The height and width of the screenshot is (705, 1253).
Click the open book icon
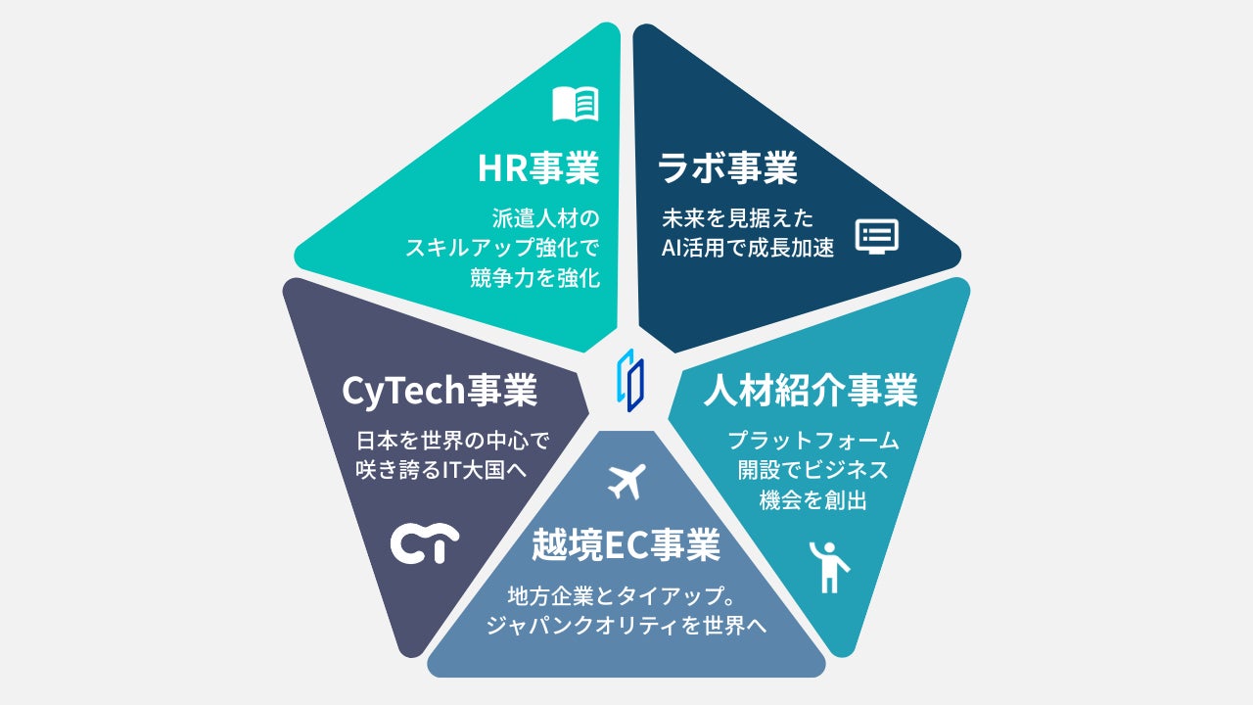(x=575, y=104)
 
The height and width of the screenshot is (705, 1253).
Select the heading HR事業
(x=537, y=168)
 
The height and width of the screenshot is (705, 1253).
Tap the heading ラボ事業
(x=727, y=168)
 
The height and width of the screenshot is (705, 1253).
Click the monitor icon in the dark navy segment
(x=876, y=236)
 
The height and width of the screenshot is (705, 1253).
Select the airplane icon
(x=627, y=481)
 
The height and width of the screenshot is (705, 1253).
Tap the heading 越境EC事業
(x=626, y=545)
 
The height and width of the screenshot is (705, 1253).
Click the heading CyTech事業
(x=440, y=392)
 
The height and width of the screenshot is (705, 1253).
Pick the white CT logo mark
(x=425, y=544)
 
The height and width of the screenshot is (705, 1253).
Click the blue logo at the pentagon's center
(x=630, y=380)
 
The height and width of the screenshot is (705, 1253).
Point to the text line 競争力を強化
(x=534, y=278)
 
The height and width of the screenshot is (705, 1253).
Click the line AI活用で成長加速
(x=747, y=248)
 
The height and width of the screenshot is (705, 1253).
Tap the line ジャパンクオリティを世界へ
(x=626, y=625)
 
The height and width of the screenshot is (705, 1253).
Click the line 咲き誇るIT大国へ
(x=441, y=470)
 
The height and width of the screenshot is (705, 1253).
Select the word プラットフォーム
(x=812, y=440)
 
